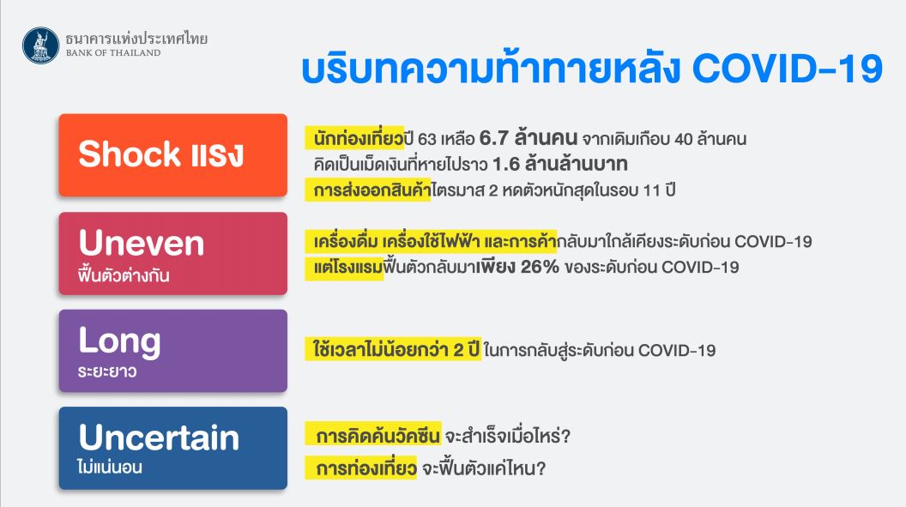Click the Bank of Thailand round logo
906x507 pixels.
click(41, 45)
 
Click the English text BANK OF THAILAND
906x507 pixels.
click(113, 52)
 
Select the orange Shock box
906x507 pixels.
click(172, 154)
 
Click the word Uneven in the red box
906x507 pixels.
click(142, 243)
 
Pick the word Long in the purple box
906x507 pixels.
click(119, 341)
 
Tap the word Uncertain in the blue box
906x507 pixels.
click(159, 438)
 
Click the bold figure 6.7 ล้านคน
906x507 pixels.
click(528, 138)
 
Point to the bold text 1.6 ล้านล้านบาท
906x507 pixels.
click(560, 164)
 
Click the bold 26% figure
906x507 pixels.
click(540, 267)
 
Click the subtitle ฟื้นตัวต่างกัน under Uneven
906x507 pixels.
click(124, 275)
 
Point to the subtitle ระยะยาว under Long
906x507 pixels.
click(107, 371)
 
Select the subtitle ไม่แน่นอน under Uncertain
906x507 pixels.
click(110, 467)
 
